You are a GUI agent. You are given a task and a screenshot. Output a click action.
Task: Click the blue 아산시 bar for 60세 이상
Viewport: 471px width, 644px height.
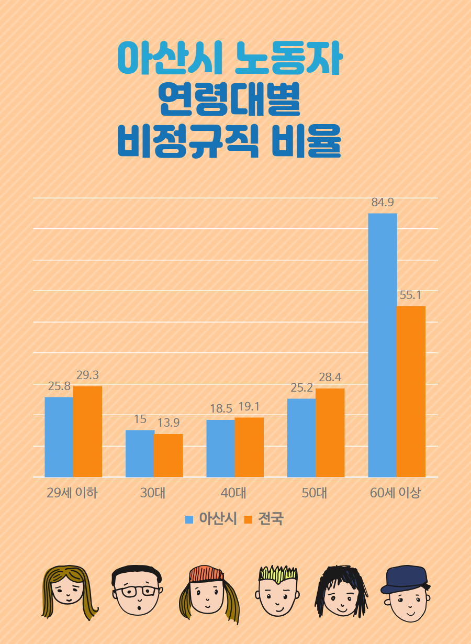[x=383, y=345]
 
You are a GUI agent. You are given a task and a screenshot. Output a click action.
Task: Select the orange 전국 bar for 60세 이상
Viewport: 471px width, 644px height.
[x=411, y=391]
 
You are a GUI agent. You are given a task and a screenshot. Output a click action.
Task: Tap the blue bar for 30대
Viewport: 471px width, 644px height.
[x=140, y=453]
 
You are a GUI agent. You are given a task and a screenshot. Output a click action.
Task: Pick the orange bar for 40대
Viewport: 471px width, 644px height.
[x=249, y=447]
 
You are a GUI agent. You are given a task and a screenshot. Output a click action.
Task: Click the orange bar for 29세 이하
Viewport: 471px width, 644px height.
[x=87, y=431]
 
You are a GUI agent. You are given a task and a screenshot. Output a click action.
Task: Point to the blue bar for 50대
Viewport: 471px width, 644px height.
[x=301, y=438]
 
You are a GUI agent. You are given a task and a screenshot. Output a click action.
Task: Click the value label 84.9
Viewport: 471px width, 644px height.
[x=383, y=203]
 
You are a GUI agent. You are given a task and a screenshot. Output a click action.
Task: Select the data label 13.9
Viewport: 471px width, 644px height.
[x=169, y=423]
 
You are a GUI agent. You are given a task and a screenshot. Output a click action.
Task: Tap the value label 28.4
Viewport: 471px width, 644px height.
[x=330, y=377]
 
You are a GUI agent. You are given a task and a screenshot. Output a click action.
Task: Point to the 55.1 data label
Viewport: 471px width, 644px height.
[x=411, y=295]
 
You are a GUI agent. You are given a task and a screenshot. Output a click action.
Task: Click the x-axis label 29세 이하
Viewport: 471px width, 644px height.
[x=72, y=493]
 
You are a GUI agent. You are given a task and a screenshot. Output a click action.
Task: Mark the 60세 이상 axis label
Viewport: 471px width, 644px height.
[x=395, y=493]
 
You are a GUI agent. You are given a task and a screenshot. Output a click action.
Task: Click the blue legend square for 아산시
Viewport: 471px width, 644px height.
[x=189, y=519]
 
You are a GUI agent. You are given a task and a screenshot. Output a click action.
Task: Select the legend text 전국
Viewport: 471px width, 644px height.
[x=271, y=519]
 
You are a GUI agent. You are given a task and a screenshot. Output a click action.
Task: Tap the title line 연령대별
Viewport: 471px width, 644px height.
[x=230, y=101]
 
